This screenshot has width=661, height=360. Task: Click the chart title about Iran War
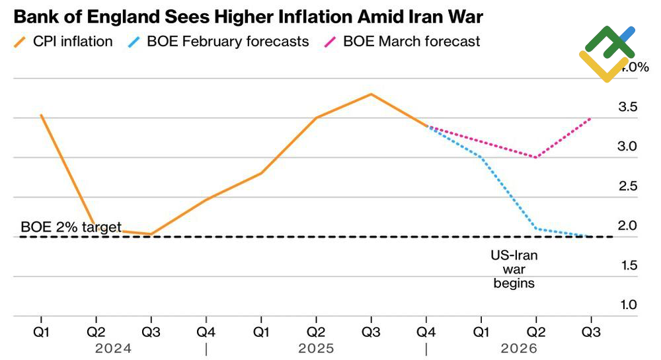tap(247, 15)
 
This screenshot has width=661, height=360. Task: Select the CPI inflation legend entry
tap(63, 41)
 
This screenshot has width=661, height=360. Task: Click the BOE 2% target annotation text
tap(71, 227)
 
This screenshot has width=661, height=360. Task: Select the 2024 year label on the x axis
tap(113, 347)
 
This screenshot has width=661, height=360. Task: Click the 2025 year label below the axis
tap(316, 347)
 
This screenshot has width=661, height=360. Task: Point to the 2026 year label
tap(519, 347)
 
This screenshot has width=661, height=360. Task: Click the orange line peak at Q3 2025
tap(371, 94)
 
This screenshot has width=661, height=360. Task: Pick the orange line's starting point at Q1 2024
tap(41, 115)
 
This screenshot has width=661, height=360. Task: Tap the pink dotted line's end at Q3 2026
tap(590, 119)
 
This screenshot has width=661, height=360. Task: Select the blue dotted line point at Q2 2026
tap(535, 229)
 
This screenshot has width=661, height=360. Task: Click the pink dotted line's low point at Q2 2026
tap(535, 157)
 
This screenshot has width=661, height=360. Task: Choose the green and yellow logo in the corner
tap(606, 54)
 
